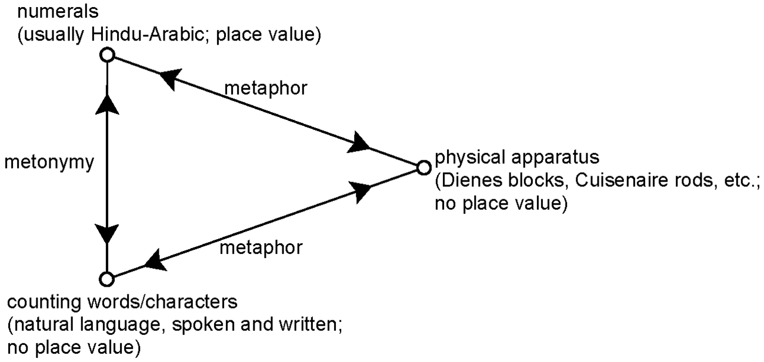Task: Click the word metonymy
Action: click(49, 163)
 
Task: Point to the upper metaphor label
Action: click(266, 89)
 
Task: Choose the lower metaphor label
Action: click(261, 248)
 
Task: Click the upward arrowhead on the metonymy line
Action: click(108, 105)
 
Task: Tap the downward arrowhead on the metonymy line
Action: click(107, 234)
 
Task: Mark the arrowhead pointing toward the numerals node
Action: click(170, 78)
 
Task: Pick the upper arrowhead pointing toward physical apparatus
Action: click(359, 143)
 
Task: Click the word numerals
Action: click(58, 11)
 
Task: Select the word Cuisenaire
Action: click(615, 180)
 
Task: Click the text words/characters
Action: click(162, 302)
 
